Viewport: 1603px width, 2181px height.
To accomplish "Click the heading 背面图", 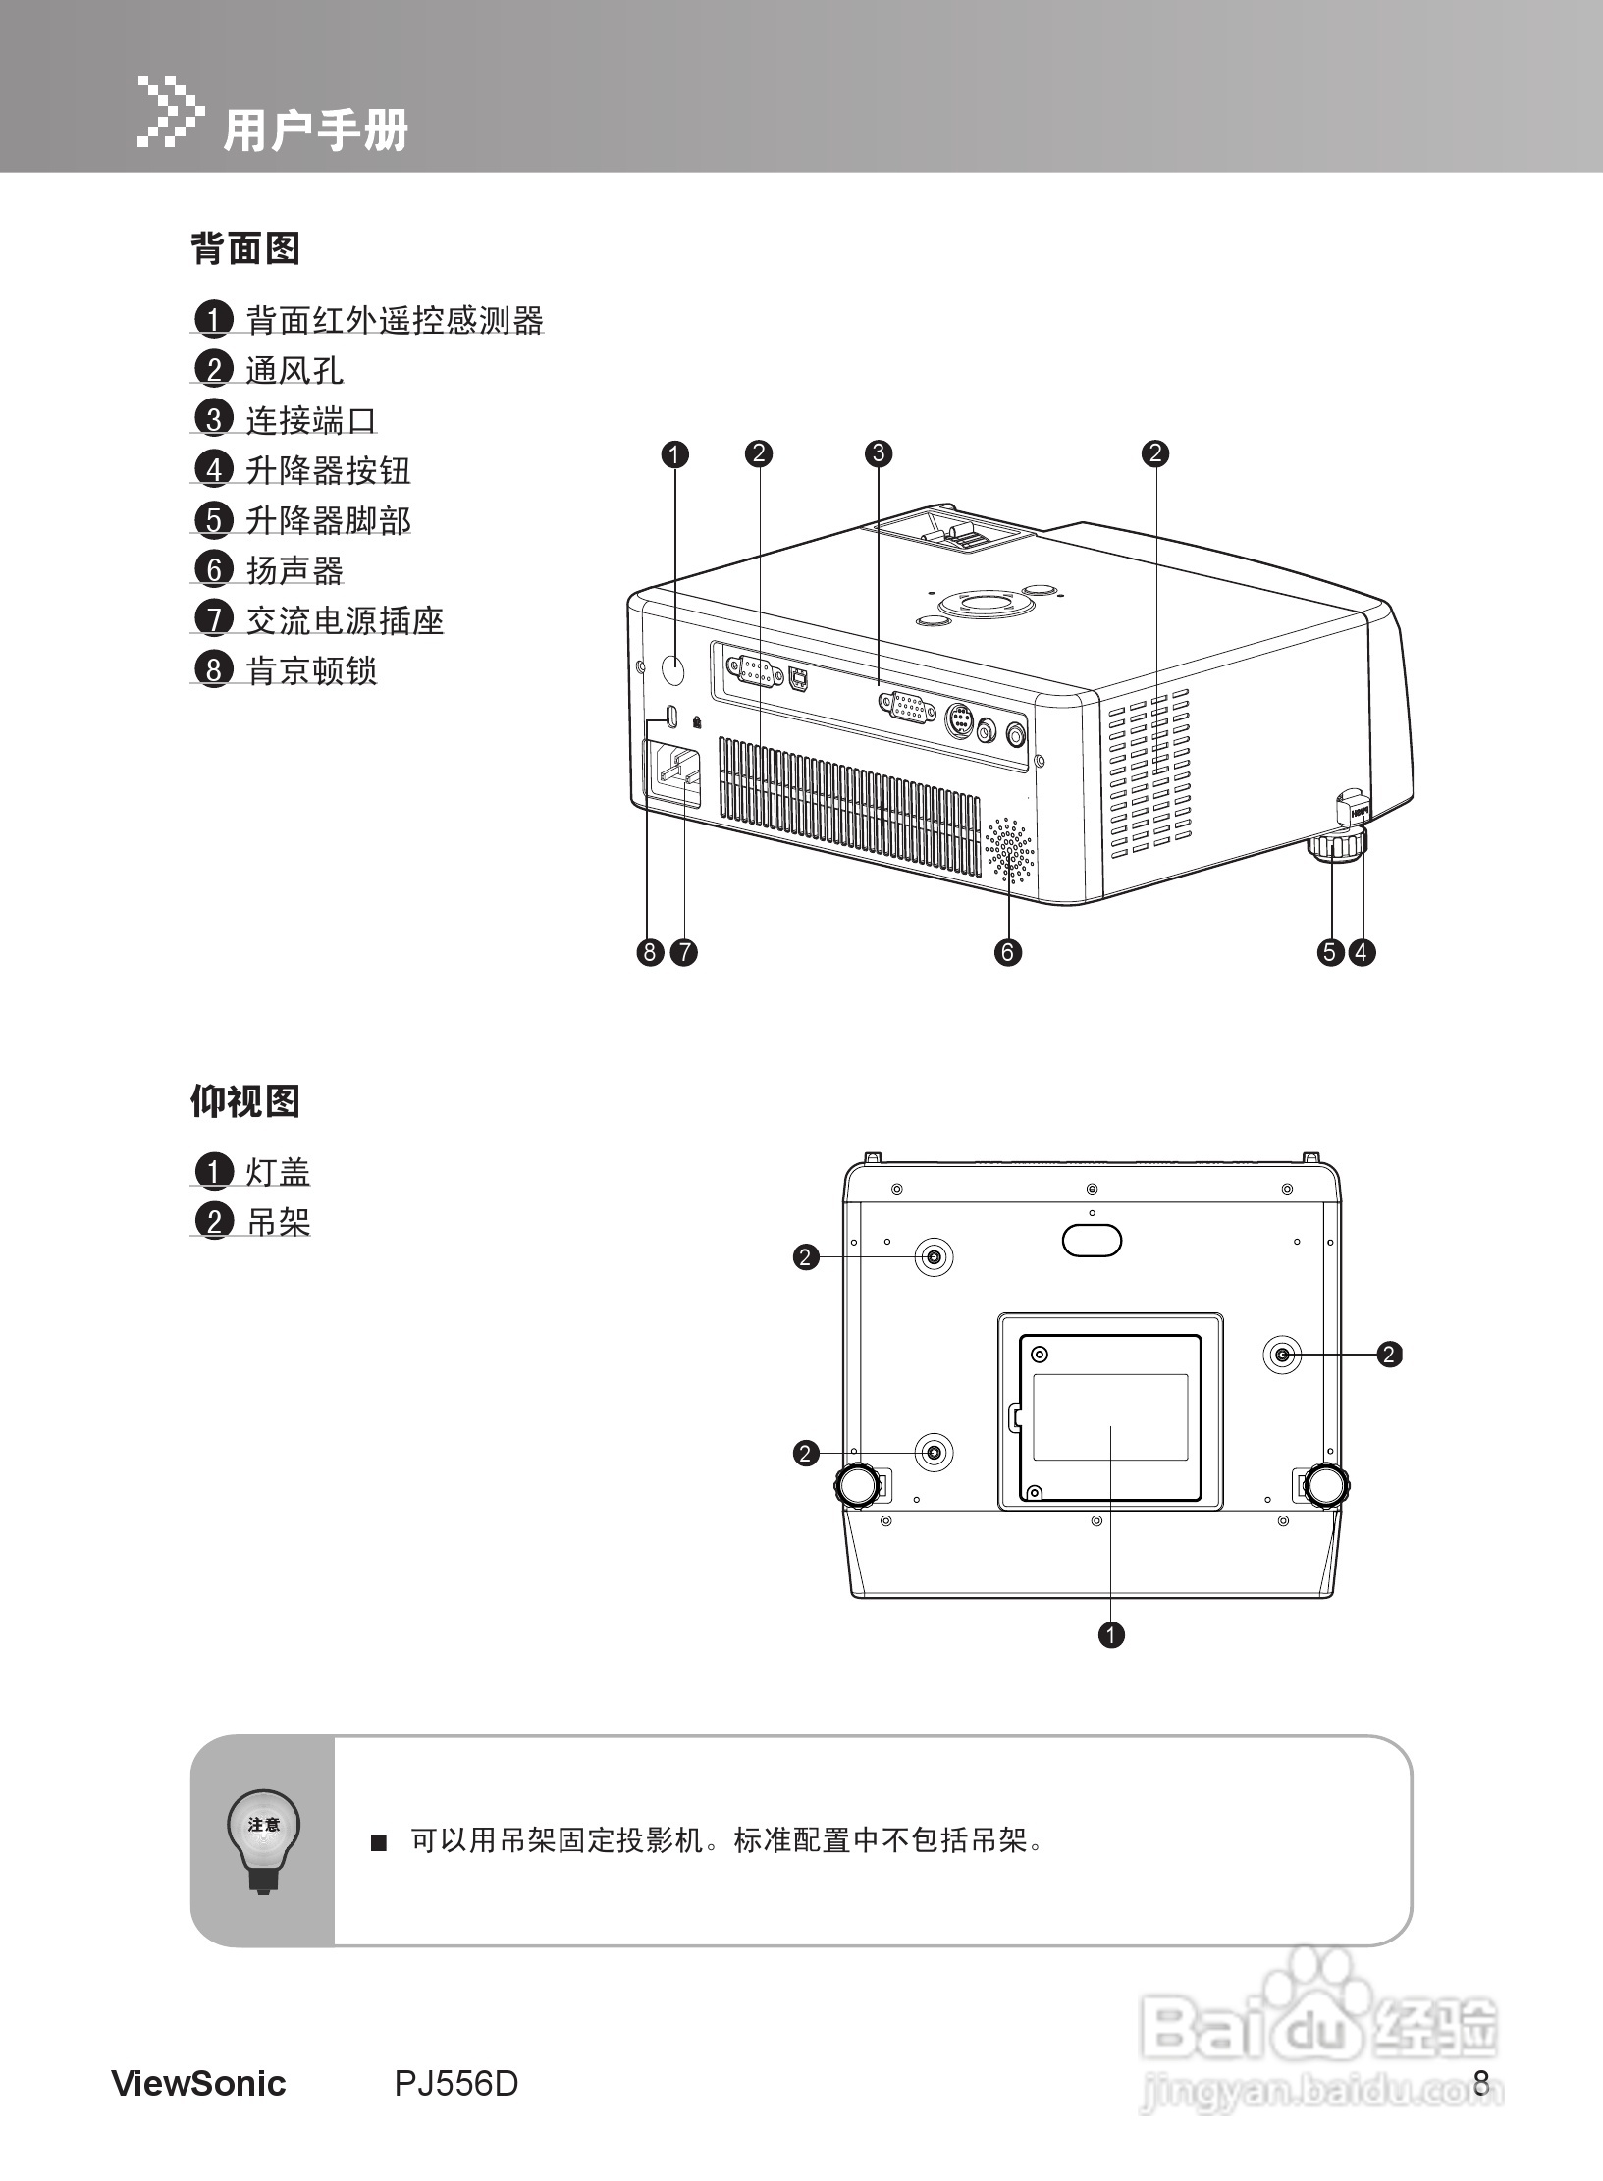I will click(244, 248).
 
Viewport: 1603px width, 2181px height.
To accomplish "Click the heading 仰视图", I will click(244, 1101).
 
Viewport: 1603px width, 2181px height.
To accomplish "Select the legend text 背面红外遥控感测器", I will click(394, 320).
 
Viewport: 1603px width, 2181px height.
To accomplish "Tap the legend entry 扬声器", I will click(294, 570).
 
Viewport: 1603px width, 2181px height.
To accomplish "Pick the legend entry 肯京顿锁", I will click(311, 670).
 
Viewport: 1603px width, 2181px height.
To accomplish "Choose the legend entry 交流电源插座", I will click(345, 620).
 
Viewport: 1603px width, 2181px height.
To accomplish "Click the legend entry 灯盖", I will click(278, 1172).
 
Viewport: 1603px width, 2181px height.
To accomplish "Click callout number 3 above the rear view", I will click(878, 453).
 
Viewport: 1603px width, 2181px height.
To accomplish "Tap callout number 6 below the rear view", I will click(1007, 951).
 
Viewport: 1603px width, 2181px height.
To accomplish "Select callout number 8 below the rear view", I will click(650, 951).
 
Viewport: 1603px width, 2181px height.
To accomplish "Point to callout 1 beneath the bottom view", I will click(1111, 1634).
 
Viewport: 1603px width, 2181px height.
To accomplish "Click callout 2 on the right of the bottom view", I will click(1389, 1355).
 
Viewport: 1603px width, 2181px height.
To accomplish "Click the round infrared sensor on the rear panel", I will click(673, 670).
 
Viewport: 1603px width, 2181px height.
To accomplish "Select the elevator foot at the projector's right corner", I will click(1336, 845).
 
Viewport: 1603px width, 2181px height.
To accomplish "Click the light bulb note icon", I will click(263, 1840).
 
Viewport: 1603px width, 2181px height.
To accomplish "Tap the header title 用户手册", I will click(315, 131).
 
